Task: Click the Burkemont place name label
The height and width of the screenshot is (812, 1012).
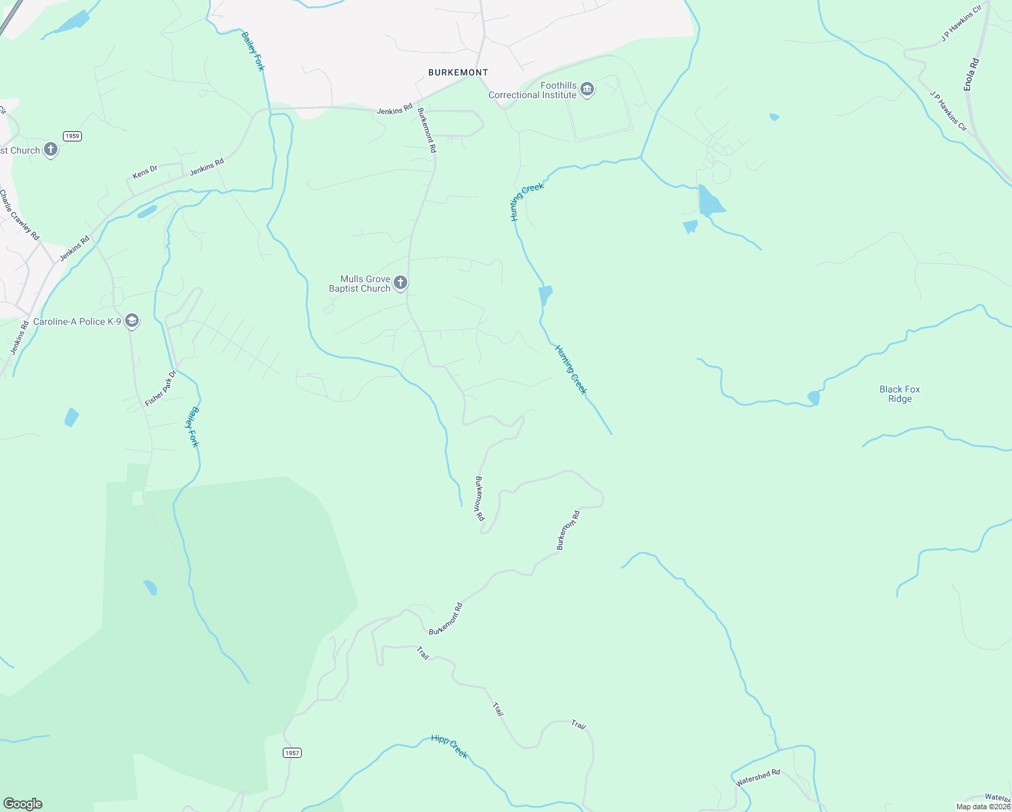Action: pos(458,72)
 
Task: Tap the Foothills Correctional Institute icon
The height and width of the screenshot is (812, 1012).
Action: pos(587,89)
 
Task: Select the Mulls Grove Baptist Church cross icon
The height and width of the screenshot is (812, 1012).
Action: pos(400,283)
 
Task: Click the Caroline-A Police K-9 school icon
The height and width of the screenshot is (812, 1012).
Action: pos(132,321)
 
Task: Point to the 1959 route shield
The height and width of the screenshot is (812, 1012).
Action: pos(72,136)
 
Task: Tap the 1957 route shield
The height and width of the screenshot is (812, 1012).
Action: pos(292,752)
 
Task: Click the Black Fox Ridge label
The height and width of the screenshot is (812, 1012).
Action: pos(900,394)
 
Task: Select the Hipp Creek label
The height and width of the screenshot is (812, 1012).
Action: pos(449,746)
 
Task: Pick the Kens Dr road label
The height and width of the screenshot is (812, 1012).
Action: pos(145,173)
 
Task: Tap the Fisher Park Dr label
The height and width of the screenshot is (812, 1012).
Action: pos(160,388)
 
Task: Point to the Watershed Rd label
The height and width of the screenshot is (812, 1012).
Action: pos(758,777)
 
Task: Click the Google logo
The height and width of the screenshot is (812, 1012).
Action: pos(23,804)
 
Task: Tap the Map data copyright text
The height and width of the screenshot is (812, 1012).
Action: pos(983,807)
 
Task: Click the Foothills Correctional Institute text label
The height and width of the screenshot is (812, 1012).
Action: pos(532,90)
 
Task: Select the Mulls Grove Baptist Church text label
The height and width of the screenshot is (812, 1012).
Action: pos(360,284)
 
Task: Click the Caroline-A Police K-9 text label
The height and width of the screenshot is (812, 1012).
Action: pos(77,321)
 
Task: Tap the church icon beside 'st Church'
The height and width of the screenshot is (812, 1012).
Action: pos(51,150)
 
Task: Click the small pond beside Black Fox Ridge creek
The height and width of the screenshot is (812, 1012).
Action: pos(814,398)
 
